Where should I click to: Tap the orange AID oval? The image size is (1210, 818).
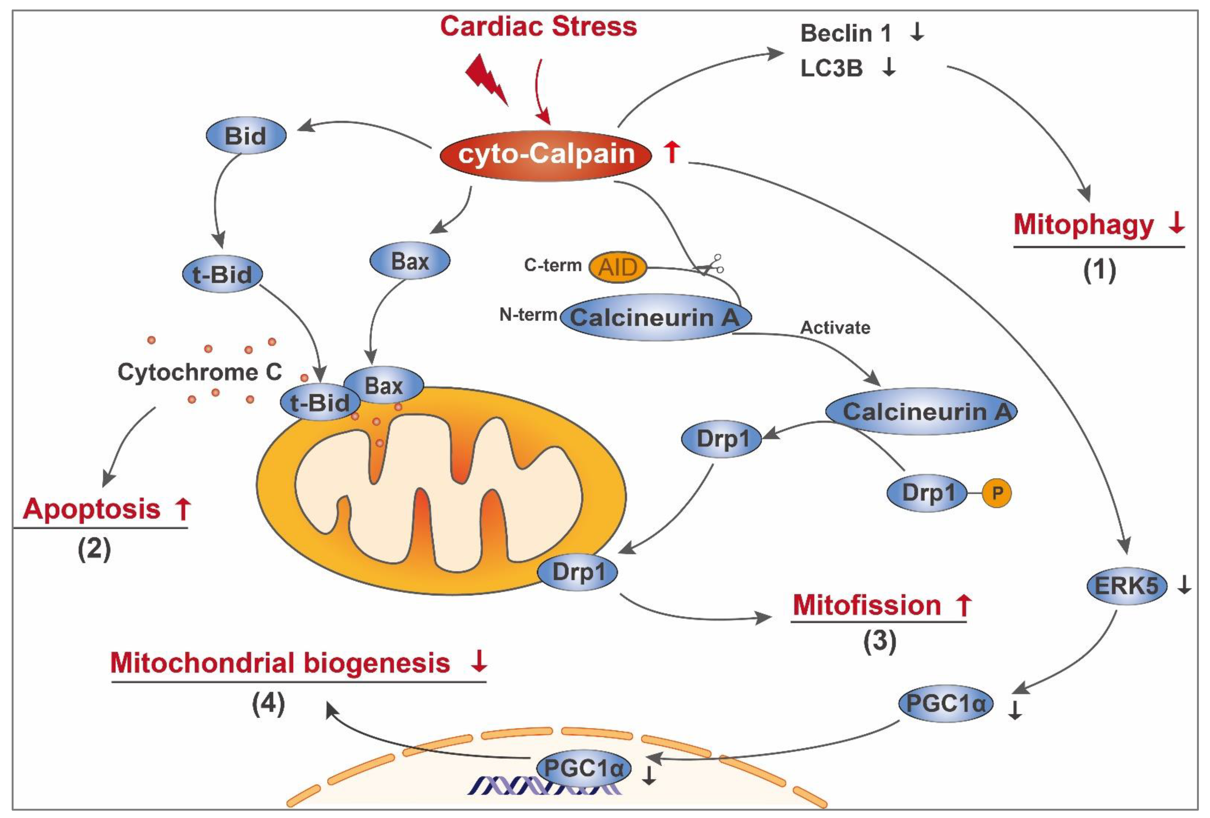pos(618,267)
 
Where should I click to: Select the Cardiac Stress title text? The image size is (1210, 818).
pos(538,26)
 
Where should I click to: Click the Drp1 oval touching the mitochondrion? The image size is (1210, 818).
pos(578,572)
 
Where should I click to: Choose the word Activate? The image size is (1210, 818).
pos(835,328)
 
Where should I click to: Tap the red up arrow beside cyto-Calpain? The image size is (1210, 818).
pos(672,153)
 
